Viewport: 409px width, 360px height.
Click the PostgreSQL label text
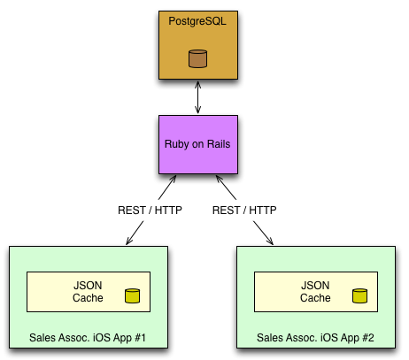tap(197, 21)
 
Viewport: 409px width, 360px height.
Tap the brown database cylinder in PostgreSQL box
tap(197, 58)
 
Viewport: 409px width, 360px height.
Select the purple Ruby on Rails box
tap(198, 144)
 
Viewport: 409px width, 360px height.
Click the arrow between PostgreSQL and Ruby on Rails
tap(197, 97)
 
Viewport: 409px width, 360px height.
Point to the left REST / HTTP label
tap(150, 211)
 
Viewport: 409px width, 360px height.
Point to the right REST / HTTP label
tap(244, 211)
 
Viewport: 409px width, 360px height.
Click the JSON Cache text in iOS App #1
tap(88, 292)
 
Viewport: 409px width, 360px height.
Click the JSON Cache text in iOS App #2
tap(315, 292)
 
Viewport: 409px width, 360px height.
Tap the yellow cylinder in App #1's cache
tap(132, 296)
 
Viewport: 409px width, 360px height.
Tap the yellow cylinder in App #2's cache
tap(359, 296)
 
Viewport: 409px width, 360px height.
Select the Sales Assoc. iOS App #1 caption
tap(88, 338)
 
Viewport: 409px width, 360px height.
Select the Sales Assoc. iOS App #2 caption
tap(315, 338)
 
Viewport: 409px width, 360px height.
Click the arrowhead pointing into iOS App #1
tap(128, 241)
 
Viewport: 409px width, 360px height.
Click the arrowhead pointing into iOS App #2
tap(270, 241)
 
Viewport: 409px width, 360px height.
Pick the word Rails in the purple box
tap(219, 144)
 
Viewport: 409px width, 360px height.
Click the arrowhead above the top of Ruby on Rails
tap(197, 111)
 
